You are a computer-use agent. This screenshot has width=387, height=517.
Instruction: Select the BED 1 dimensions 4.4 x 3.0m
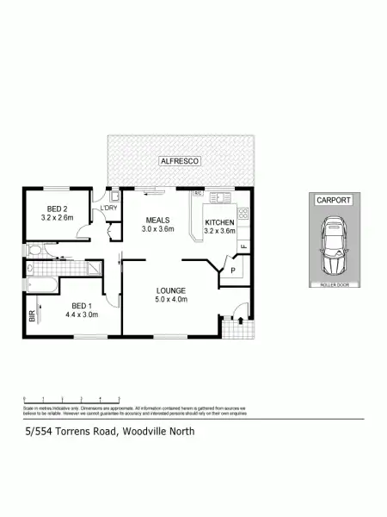pyautogui.click(x=81, y=315)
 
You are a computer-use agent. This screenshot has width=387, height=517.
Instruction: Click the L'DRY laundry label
pyautogui.click(x=109, y=209)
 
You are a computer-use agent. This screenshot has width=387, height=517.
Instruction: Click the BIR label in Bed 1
pyautogui.click(x=32, y=317)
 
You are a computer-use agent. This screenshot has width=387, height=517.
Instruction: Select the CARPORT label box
pyautogui.click(x=334, y=200)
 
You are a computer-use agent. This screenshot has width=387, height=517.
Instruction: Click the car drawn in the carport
pyautogui.click(x=334, y=245)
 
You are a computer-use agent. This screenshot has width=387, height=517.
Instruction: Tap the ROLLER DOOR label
pyautogui.click(x=334, y=283)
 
